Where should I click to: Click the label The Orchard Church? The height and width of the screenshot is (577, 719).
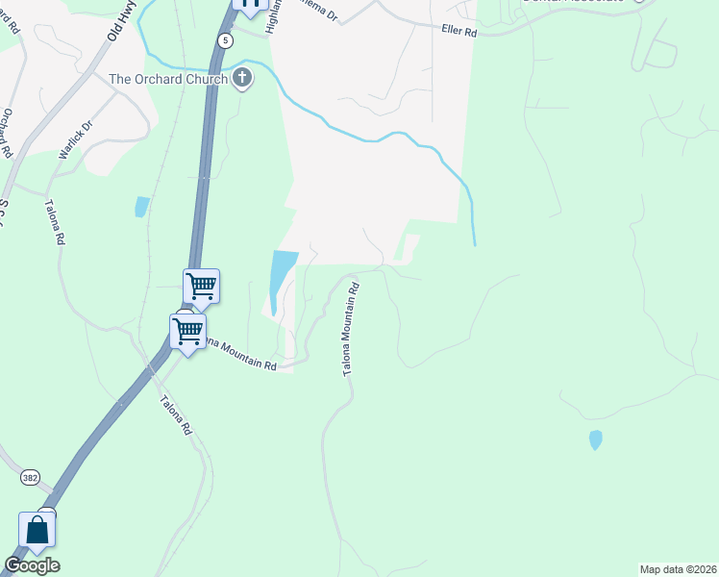click(x=168, y=80)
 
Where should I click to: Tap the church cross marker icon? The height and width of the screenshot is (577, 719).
click(x=242, y=78)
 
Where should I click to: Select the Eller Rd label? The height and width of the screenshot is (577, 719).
click(x=459, y=32)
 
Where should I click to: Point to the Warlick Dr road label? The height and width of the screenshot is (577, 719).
click(x=74, y=139)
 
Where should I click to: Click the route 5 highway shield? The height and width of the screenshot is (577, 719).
click(x=225, y=40)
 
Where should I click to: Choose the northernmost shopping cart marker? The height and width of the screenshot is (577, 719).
click(x=201, y=286)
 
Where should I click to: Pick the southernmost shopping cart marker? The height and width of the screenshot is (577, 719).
click(x=186, y=332)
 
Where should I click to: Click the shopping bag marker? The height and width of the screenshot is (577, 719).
click(x=37, y=531)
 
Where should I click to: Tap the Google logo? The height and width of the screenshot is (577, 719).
click(x=32, y=565)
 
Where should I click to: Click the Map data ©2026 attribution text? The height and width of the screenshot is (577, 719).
click(x=678, y=568)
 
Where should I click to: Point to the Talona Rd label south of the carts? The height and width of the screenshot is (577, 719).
click(x=175, y=416)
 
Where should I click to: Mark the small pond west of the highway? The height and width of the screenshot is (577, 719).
click(x=142, y=206)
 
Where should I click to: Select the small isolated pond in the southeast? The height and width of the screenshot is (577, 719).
click(x=595, y=439)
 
